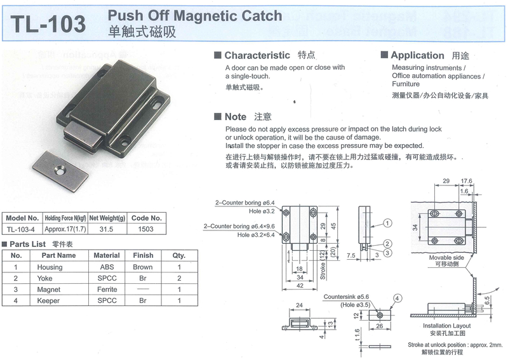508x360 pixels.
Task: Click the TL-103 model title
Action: pos(48,23)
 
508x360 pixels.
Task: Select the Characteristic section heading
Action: pos(257,56)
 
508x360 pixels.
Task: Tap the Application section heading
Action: pos(417,56)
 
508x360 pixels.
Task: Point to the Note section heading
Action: pos(235,117)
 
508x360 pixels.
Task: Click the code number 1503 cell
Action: pos(147,230)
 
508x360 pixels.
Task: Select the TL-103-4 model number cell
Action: pos(21,230)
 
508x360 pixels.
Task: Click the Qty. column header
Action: pos(179,256)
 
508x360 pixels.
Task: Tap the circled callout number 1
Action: pos(389,223)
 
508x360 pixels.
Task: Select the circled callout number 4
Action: pos(397,298)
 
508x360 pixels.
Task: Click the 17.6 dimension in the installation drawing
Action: pos(467,180)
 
